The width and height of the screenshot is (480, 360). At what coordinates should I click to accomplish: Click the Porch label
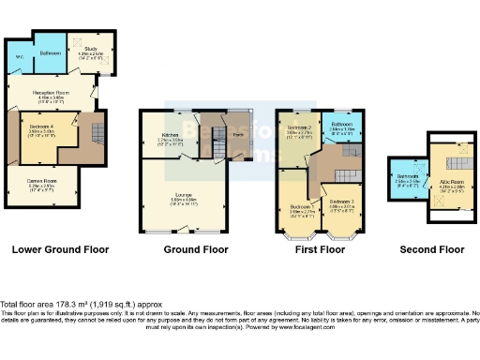pos(239,134)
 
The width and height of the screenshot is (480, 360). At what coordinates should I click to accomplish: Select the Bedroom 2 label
pos(299,127)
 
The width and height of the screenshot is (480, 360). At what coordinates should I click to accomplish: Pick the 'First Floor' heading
pos(317,250)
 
